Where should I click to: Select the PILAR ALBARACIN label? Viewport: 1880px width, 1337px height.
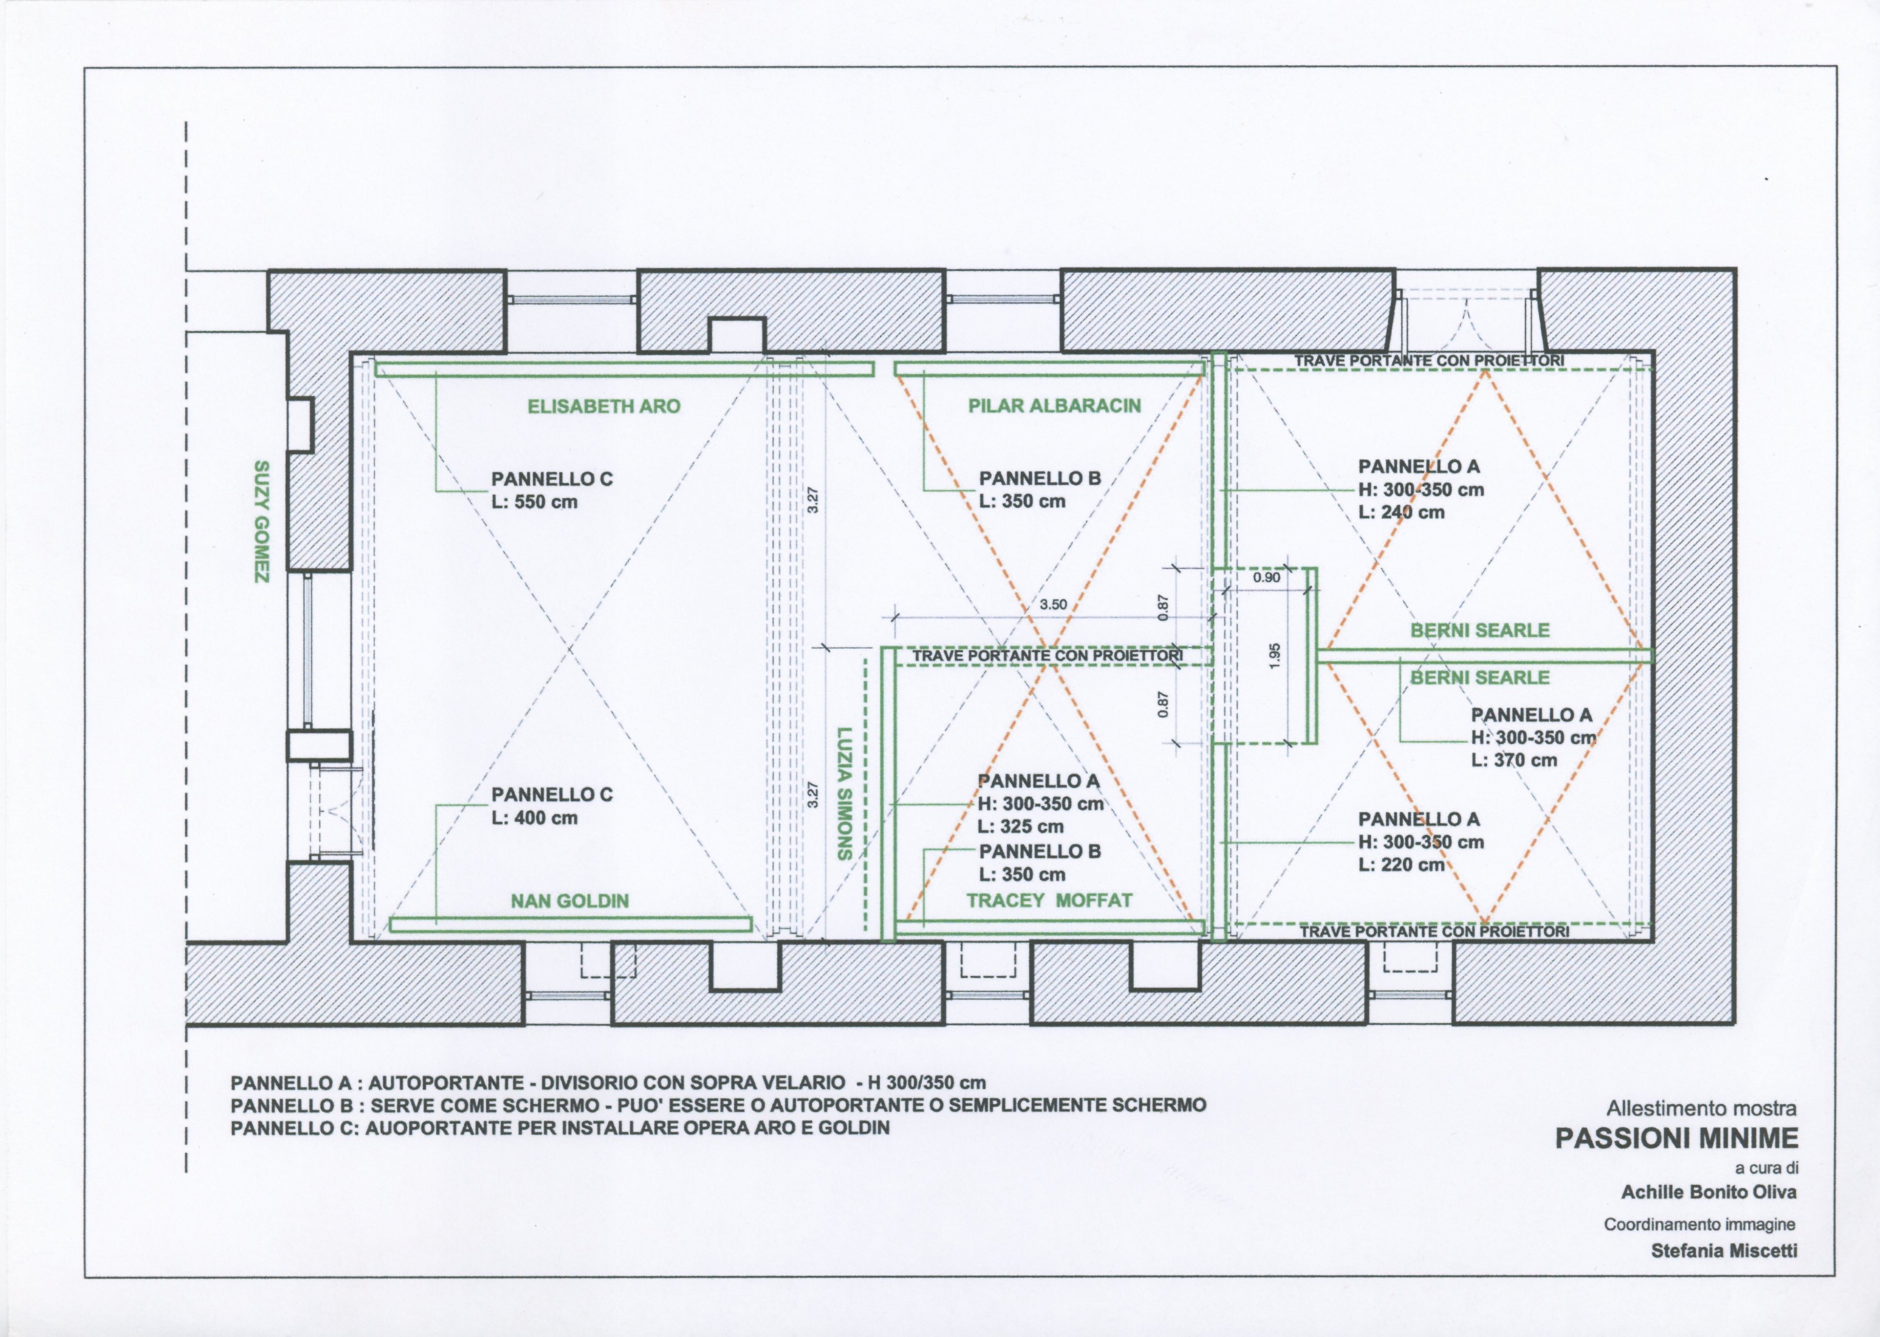[1054, 405]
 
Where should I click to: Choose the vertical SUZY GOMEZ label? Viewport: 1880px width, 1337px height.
[262, 522]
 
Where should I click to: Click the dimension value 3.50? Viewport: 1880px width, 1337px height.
[1053, 604]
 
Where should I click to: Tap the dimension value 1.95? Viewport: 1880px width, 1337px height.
[1274, 655]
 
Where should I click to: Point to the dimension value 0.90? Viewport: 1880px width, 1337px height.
[1266, 578]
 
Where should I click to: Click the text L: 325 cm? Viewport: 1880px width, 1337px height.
[1021, 827]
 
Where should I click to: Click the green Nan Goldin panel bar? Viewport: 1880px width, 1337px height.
[570, 924]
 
